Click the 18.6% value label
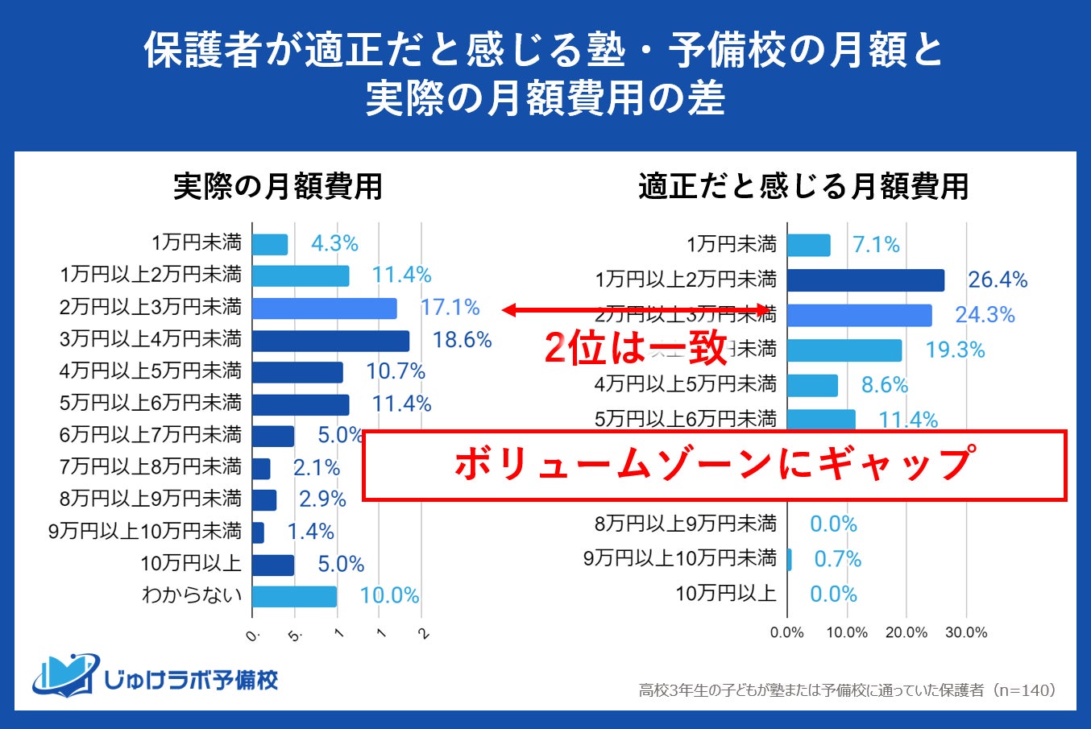click(x=462, y=340)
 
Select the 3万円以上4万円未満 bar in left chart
click(x=330, y=341)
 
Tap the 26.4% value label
click(x=998, y=280)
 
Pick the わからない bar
click(x=294, y=596)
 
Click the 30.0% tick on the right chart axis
click(x=966, y=633)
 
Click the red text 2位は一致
click(x=636, y=349)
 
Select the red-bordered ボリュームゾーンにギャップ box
click(x=715, y=466)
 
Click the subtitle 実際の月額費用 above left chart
click(x=278, y=187)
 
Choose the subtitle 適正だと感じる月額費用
click(x=803, y=187)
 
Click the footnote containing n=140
click(x=847, y=690)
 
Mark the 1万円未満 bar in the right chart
click(x=808, y=245)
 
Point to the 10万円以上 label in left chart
click(x=191, y=564)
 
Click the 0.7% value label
click(x=837, y=559)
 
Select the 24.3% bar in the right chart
click(x=859, y=315)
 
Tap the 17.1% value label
click(x=450, y=308)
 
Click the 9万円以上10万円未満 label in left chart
click(x=145, y=532)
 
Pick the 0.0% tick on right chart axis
click(x=787, y=633)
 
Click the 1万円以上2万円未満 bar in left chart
click(x=301, y=275)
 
